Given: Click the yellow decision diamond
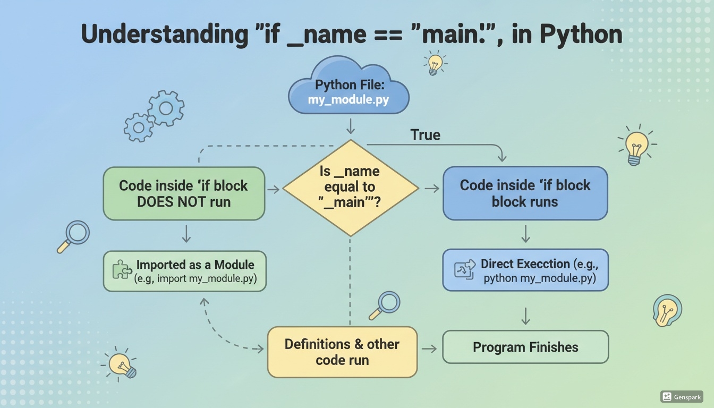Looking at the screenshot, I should click(350, 188).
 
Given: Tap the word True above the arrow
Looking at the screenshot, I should click(425, 135).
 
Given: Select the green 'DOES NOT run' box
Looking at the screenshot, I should click(183, 193).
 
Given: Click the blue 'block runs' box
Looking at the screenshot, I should click(525, 193).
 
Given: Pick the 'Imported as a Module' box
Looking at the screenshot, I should click(184, 271).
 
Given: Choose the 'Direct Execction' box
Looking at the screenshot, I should click(525, 270).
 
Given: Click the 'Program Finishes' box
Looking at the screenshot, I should click(525, 347).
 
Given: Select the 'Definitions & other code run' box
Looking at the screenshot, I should click(342, 352).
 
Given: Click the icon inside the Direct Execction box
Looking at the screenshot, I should click(464, 269).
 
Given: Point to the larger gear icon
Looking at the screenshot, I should click(166, 108).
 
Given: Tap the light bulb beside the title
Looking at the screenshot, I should click(435, 63).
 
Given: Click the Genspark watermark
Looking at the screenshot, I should click(682, 397).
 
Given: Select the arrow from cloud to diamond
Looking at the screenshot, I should click(350, 126).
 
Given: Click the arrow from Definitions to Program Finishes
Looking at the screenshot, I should click(429, 348).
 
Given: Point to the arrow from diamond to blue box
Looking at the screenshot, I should click(431, 189).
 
